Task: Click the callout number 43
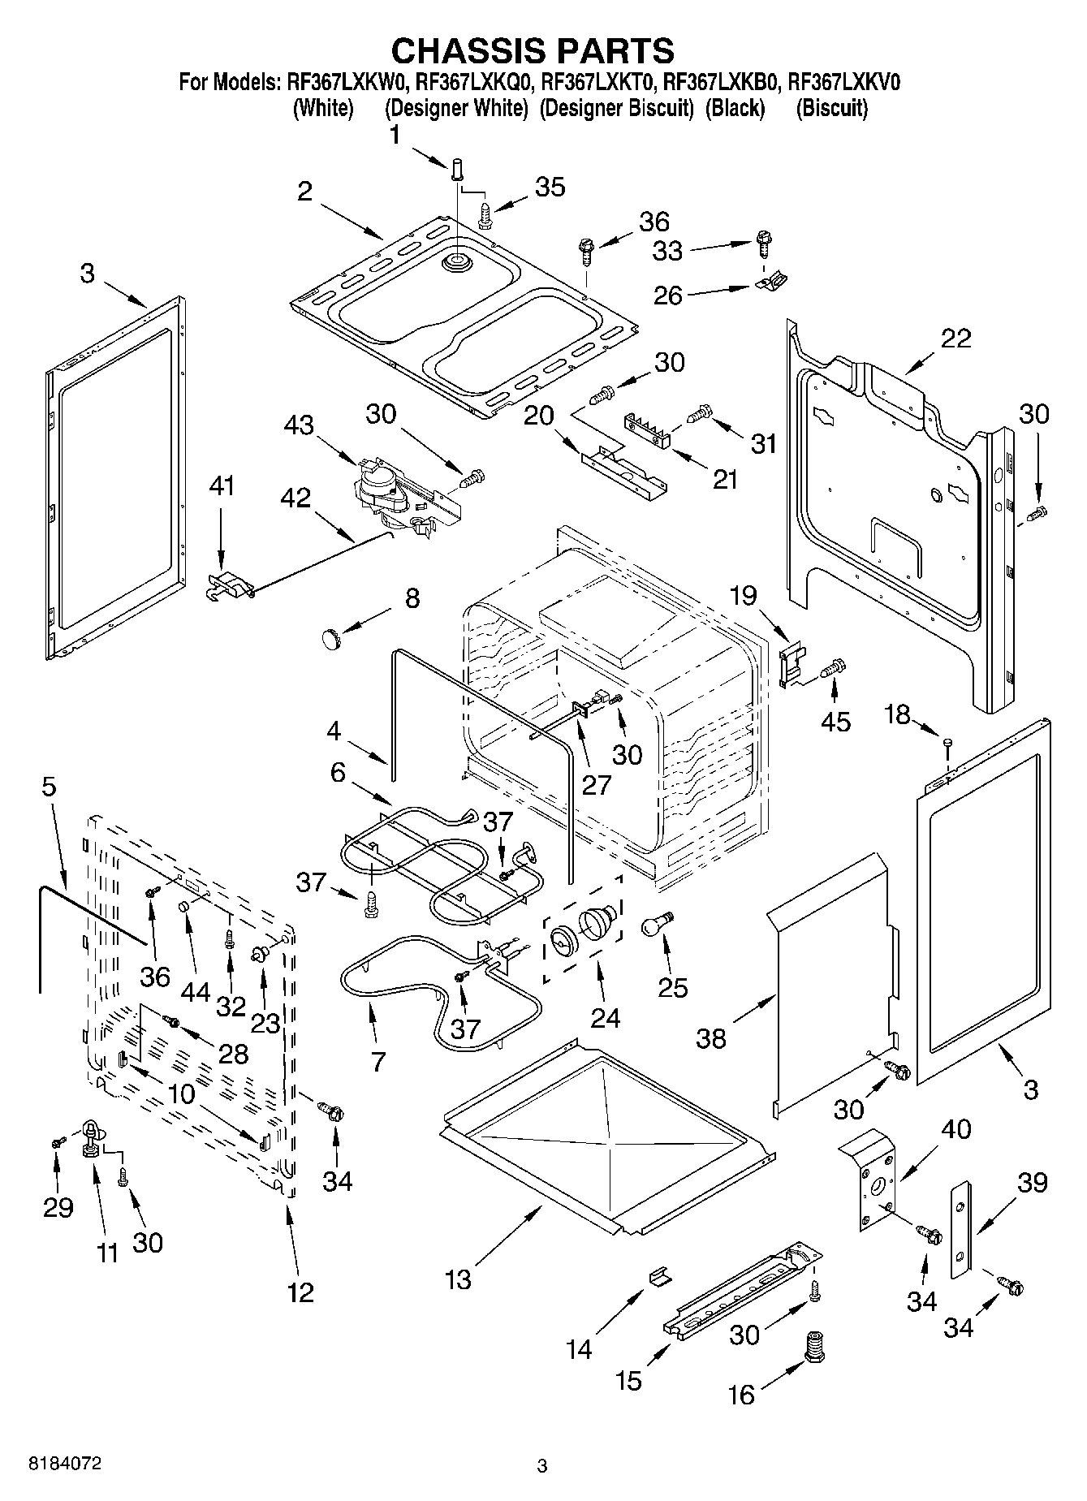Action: coord(300,425)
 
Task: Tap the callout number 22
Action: coord(955,338)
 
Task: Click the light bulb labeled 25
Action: coord(657,926)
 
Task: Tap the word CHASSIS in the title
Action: coord(465,50)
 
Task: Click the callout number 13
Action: coord(458,1279)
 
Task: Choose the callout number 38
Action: coord(711,1038)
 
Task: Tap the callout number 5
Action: coord(49,786)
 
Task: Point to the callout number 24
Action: coord(606,1017)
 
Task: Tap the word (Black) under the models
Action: coord(735,108)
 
